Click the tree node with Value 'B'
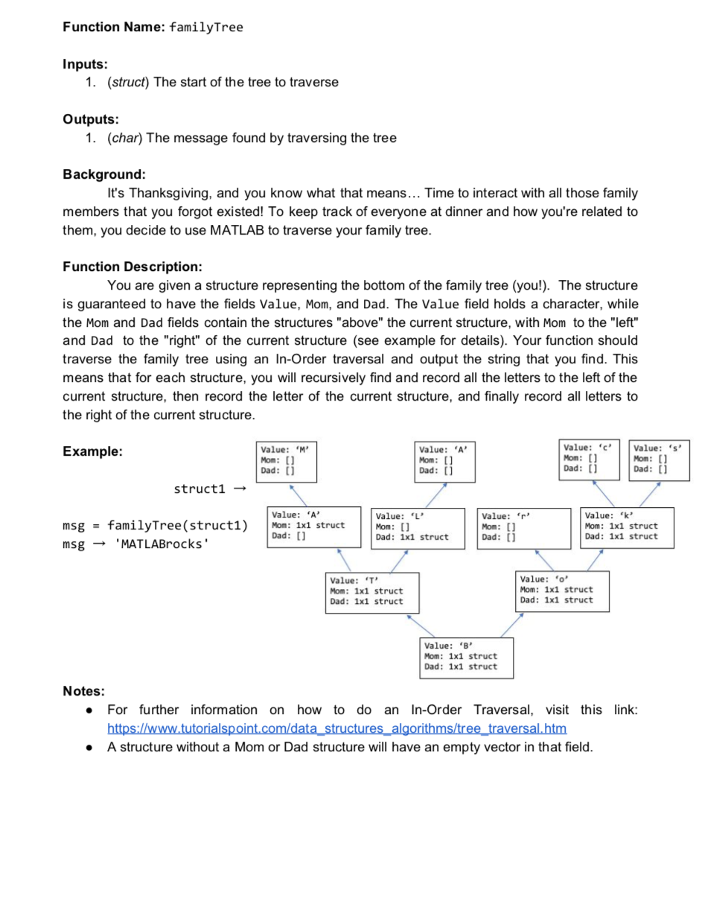pos(466,656)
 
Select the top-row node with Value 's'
pos(659,459)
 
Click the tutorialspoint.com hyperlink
pos(337,728)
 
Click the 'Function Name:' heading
pos(113,28)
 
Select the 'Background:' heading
pos(103,174)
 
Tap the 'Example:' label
pos(93,452)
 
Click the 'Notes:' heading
pos(83,691)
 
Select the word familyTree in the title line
pos(206,28)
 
